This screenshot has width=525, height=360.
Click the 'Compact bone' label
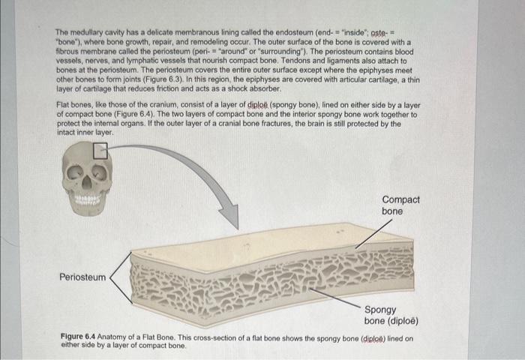click(x=400, y=205)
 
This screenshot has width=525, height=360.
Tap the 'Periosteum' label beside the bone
click(x=82, y=277)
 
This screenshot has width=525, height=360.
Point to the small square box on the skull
click(x=100, y=151)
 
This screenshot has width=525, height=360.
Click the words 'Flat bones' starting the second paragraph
click(x=73, y=104)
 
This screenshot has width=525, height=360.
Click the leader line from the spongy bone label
click(x=337, y=295)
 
